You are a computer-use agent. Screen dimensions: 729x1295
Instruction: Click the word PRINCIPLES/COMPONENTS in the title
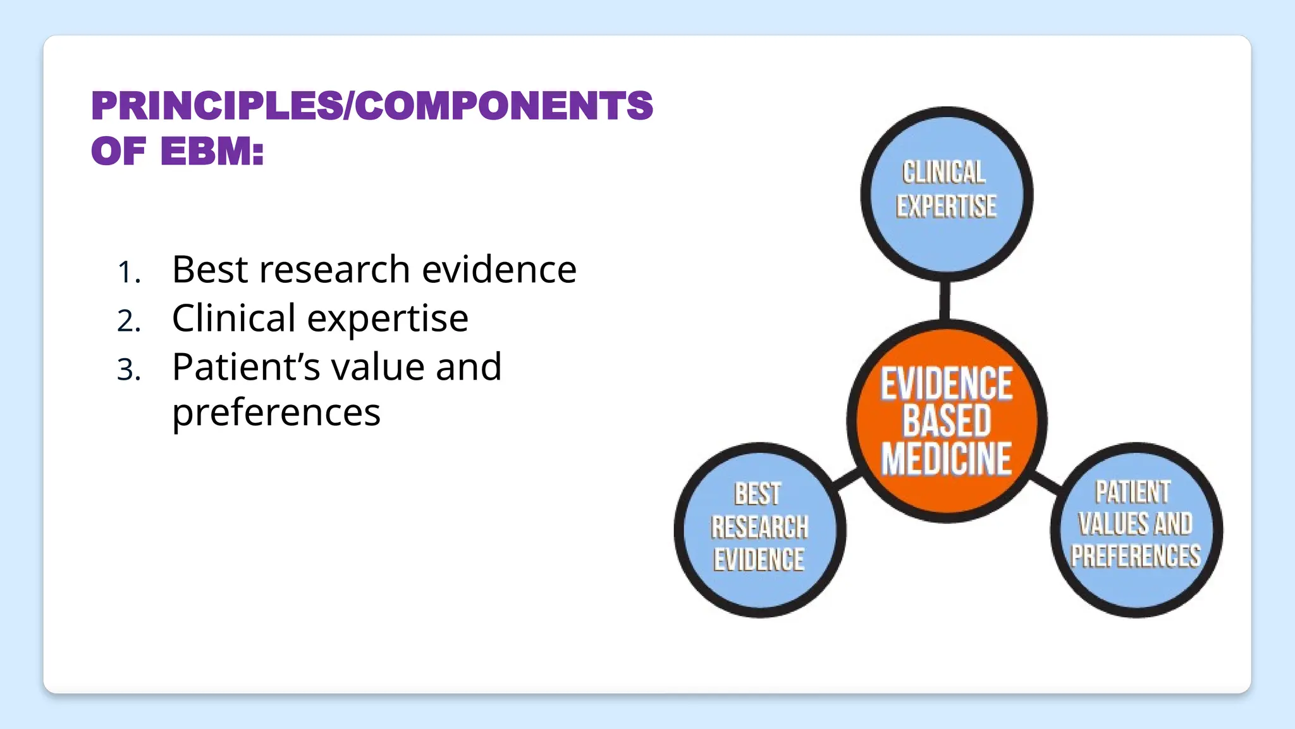pos(372,106)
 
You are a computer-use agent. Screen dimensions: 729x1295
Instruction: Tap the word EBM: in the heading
pos(212,152)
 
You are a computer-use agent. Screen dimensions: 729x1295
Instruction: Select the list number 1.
pos(128,273)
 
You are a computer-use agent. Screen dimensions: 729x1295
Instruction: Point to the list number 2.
pos(128,321)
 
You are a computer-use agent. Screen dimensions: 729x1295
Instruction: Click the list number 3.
pos(128,370)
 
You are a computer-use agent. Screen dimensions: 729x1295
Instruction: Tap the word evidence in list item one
pos(499,270)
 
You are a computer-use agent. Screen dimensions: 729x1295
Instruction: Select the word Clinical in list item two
pos(233,318)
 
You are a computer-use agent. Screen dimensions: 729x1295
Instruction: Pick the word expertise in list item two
pos(388,319)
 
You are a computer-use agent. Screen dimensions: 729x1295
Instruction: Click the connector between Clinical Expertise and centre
pos(945,301)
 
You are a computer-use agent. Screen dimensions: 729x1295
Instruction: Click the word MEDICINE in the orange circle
pos(947,459)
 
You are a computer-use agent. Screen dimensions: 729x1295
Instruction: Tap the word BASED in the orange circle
pos(947,421)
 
